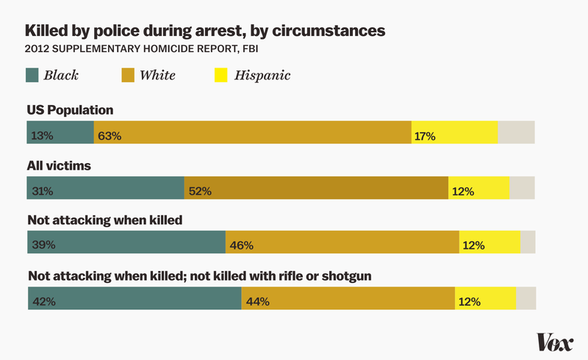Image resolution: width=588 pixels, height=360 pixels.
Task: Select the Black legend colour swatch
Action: pos(34,75)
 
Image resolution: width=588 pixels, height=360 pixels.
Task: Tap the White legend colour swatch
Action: pos(129,75)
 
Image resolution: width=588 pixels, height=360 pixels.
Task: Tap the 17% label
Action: pos(425,136)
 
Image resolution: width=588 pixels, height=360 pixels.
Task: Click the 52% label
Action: pos(200,191)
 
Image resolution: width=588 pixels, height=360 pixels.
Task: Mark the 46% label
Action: pos(242,245)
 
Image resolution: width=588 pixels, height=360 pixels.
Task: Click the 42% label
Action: pos(44,300)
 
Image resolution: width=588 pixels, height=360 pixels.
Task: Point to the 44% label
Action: pos(258,300)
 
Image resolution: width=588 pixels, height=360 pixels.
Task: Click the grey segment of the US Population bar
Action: pos(516,132)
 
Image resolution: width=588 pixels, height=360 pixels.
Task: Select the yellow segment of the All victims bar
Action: pos(479,188)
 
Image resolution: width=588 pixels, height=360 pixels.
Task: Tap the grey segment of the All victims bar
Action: pos(522,188)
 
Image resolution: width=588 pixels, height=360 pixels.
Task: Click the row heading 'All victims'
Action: pos(59,165)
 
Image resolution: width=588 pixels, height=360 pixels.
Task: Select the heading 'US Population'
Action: pos(71,110)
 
